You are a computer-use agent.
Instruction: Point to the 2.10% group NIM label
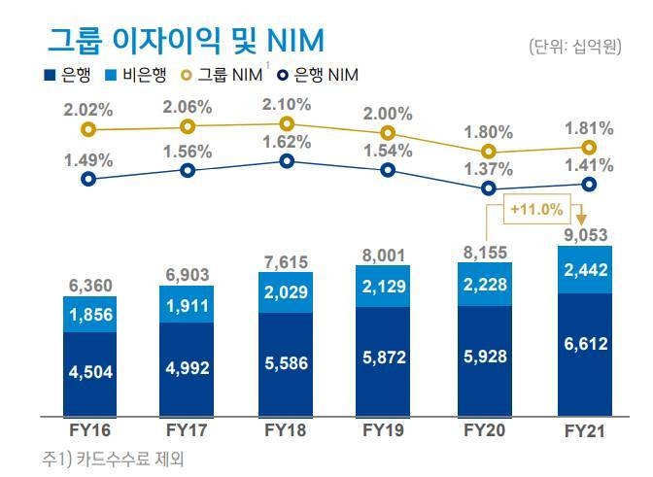(286, 104)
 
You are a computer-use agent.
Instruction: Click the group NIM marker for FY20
(489, 152)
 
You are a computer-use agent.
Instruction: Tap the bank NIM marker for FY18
(286, 160)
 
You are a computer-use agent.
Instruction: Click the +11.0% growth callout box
(536, 208)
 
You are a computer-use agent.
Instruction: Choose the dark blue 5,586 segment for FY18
(286, 363)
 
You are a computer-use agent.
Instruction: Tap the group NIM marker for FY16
(89, 128)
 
